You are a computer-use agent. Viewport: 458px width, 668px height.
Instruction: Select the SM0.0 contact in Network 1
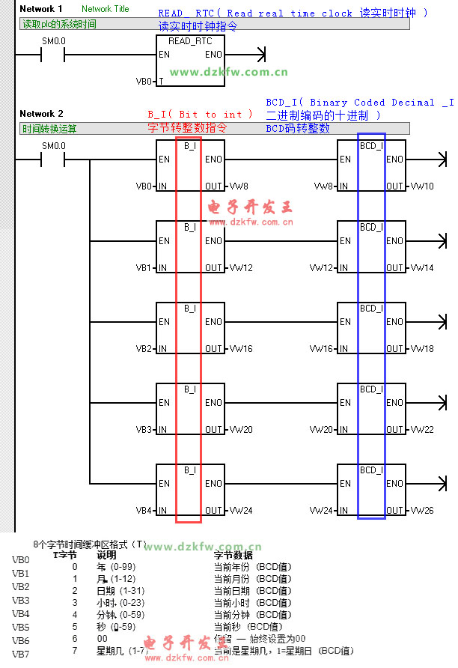pos(53,55)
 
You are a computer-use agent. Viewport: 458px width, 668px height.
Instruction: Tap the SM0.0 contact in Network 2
pos(53,160)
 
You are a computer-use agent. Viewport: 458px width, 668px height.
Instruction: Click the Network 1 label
pos(41,9)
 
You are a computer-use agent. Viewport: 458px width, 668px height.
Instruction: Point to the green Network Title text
pos(105,9)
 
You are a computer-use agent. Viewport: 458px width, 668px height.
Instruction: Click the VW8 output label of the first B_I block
pos(240,186)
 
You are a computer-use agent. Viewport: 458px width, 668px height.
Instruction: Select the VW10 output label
pos(421,186)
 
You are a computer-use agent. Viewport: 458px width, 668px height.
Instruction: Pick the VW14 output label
pos(421,268)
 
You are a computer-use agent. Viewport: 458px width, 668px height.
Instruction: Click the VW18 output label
pos(421,349)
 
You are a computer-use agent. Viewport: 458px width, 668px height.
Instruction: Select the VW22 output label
pos(421,430)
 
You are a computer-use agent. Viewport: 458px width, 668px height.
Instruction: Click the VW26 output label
pos(421,511)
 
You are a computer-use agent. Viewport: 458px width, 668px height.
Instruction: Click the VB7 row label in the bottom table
pos(21,654)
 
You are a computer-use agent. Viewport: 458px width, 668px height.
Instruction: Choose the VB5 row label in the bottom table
pos(21,627)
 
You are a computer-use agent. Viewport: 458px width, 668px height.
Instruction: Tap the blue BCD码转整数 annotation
pos(297,129)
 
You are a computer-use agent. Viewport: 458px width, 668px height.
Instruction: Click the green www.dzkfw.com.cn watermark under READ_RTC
pos(229,73)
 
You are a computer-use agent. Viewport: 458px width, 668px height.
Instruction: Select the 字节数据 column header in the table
pos(233,556)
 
